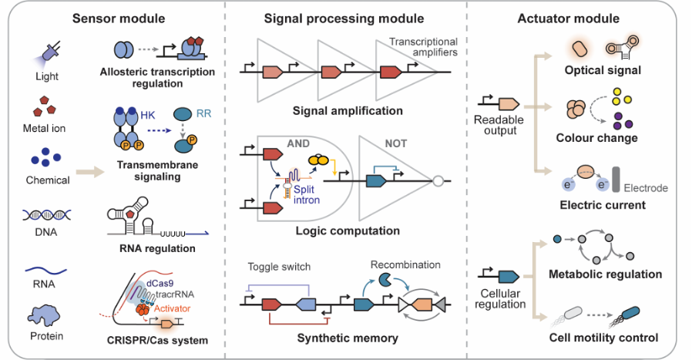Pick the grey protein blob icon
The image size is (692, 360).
coord(46,315)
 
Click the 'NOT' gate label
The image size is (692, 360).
coord(398,143)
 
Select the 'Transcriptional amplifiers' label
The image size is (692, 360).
coord(424,47)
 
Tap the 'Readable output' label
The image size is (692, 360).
coord(499,126)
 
